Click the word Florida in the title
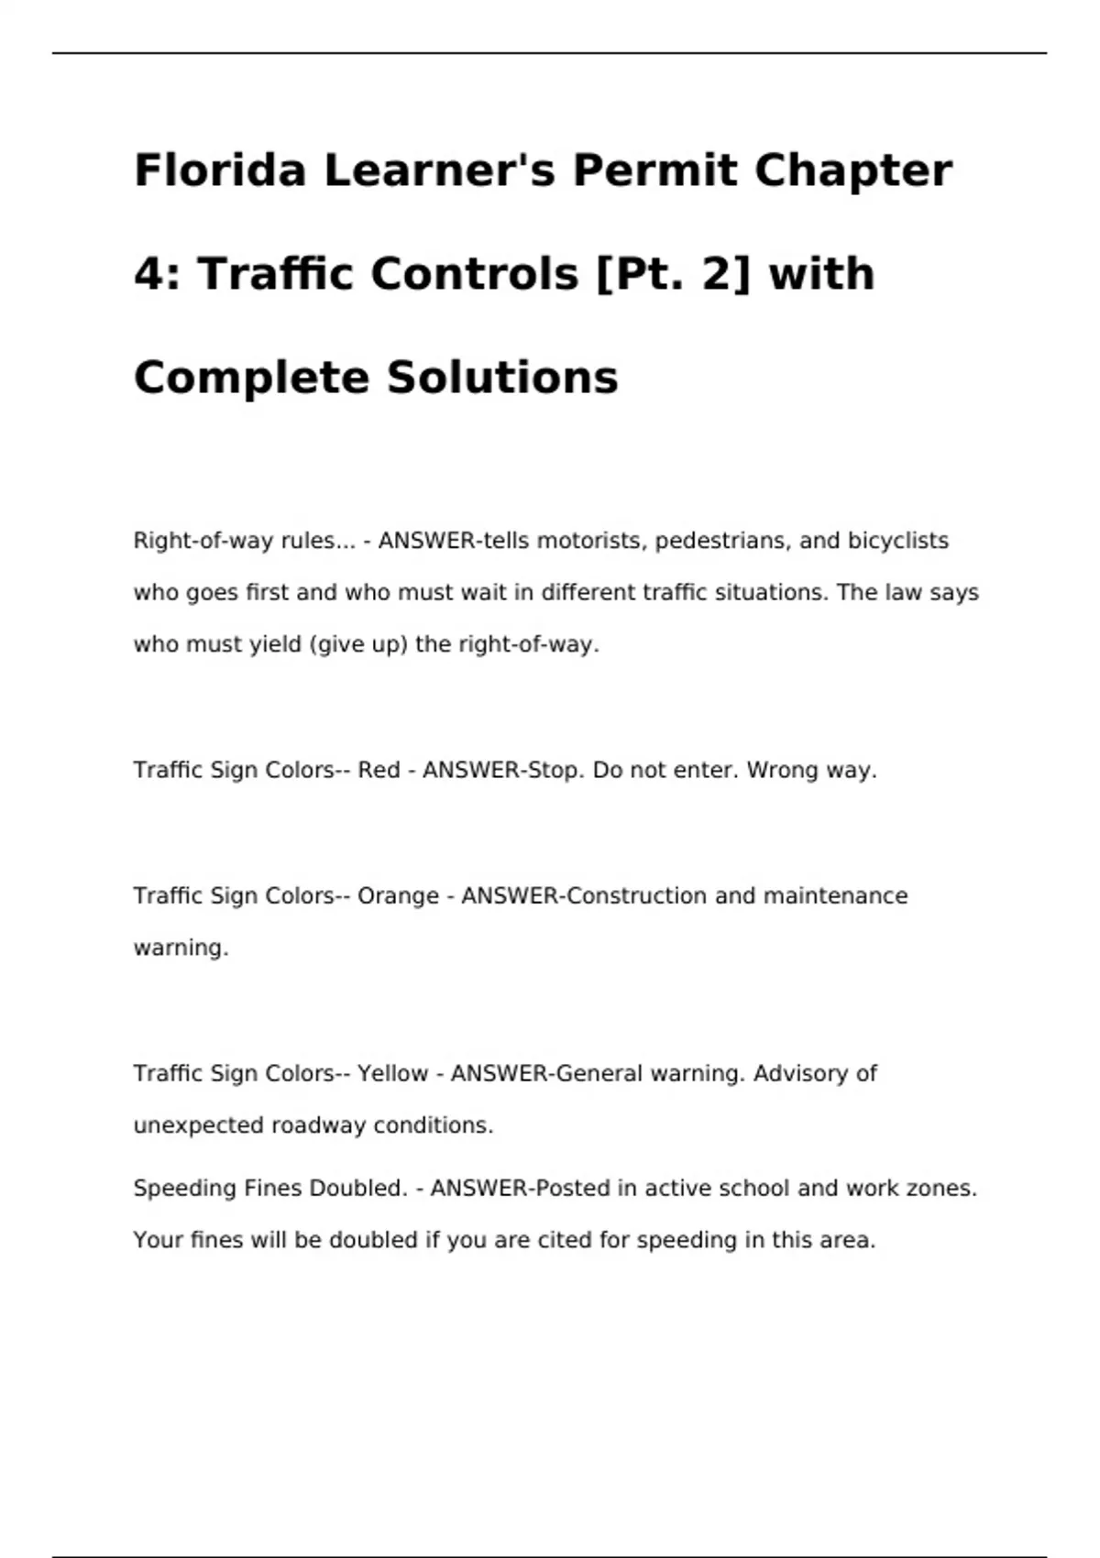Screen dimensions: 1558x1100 pyautogui.click(x=220, y=170)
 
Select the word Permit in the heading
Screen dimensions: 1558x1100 pyautogui.click(x=654, y=170)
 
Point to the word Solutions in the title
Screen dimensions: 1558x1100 pyautogui.click(x=502, y=378)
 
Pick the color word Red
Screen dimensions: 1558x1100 pyautogui.click(x=379, y=770)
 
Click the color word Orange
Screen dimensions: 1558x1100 pyautogui.click(x=398, y=895)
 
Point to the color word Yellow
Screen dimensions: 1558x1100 pyautogui.click(x=392, y=1073)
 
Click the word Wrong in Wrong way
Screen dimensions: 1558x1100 pyautogui.click(x=783, y=770)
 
